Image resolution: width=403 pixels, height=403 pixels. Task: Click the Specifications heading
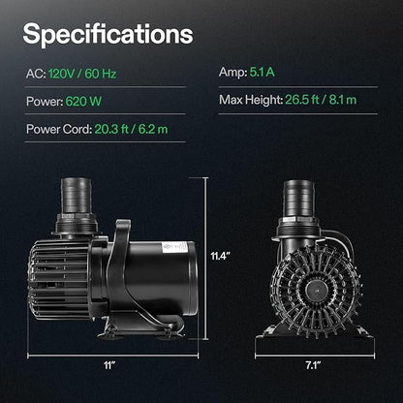pos(108,35)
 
